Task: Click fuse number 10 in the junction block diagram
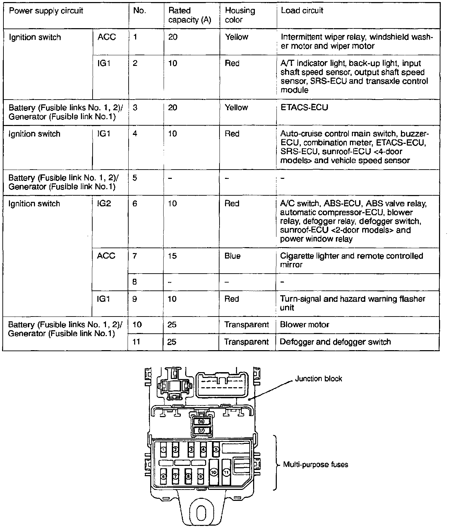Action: point(214,473)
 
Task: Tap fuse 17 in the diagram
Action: point(201,430)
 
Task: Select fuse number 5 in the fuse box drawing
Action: point(216,449)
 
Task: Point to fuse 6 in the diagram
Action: point(164,476)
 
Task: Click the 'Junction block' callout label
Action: point(318,379)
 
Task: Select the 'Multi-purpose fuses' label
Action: point(316,464)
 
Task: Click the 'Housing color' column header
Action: point(240,15)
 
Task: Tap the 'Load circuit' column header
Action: point(302,11)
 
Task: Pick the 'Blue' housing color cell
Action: point(233,256)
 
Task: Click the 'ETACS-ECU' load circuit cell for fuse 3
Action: point(304,107)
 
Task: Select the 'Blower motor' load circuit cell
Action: point(304,324)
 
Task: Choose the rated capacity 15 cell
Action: point(173,256)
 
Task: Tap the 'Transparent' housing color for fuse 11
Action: point(246,342)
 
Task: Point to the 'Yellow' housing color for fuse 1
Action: point(236,37)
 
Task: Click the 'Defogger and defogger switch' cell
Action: point(335,342)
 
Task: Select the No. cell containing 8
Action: point(135,282)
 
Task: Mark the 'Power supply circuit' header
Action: point(46,11)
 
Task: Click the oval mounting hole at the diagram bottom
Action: point(201,514)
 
